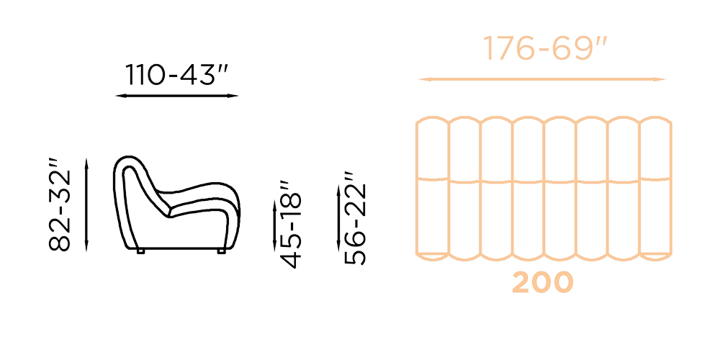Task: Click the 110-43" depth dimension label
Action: (x=177, y=75)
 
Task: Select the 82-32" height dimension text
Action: (x=61, y=210)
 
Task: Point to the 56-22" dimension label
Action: (x=355, y=219)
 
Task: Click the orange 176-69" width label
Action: (x=545, y=50)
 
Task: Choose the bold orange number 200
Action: (x=543, y=283)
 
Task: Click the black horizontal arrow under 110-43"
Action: (x=177, y=96)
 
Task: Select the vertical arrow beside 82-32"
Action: (x=86, y=204)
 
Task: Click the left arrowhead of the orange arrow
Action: (x=423, y=79)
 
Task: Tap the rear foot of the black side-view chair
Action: (x=140, y=251)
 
